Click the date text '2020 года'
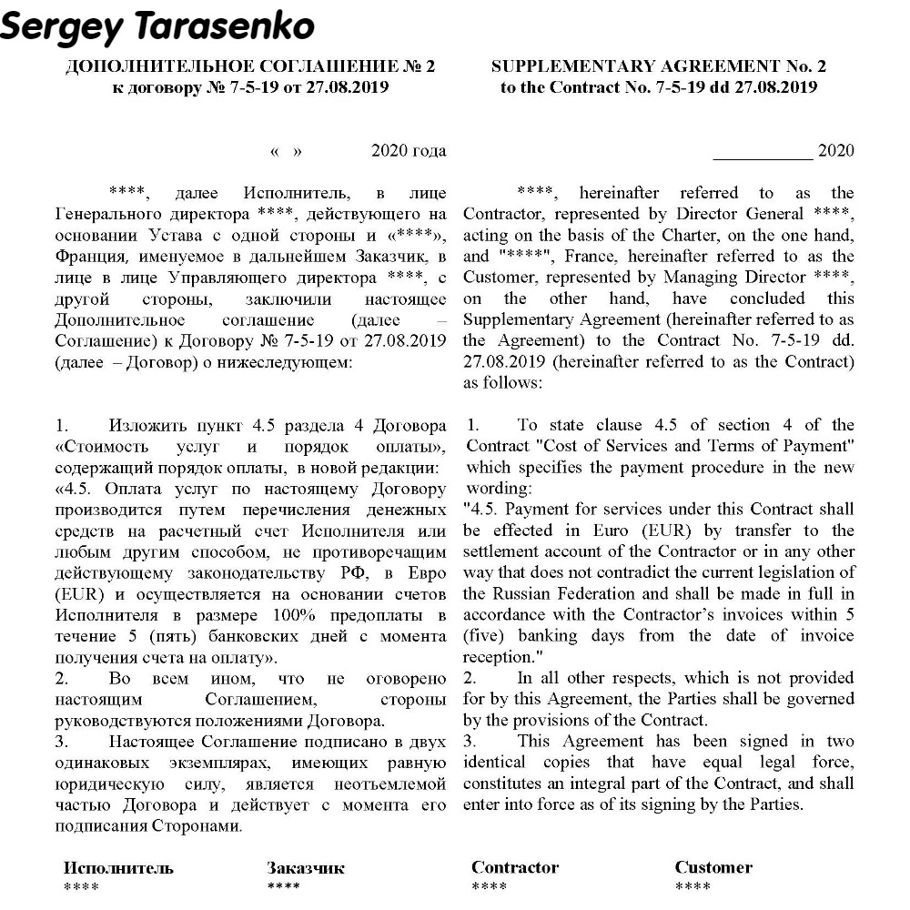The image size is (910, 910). click(409, 150)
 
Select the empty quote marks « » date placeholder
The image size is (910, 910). click(286, 151)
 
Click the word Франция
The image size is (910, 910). click(86, 256)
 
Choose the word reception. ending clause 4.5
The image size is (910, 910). click(497, 656)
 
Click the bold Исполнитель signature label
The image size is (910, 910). click(118, 867)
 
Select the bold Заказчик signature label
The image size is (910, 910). click(306, 867)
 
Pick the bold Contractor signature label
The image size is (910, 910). click(515, 867)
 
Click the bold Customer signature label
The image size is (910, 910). click(713, 867)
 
